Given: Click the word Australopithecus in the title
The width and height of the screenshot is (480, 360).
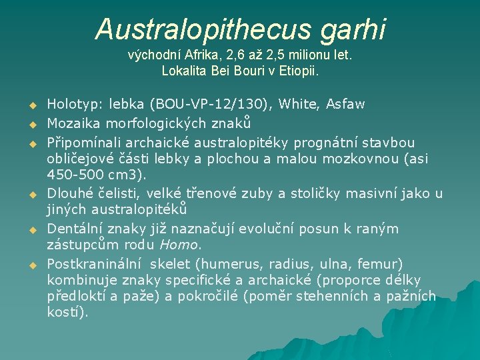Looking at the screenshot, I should [x=193, y=29].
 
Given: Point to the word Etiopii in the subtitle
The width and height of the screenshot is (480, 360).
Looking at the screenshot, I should [x=298, y=70].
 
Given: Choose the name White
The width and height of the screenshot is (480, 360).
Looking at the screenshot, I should [x=297, y=103].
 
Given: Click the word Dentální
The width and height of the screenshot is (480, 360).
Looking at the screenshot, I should [x=75, y=229].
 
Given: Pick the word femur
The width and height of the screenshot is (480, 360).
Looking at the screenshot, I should [x=387, y=263].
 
